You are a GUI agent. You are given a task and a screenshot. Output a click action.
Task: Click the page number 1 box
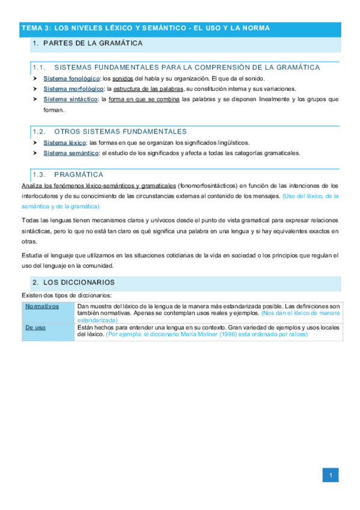point(329,476)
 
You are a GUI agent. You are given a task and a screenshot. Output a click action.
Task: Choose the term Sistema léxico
point(65,143)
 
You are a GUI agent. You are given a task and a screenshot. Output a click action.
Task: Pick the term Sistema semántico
point(70,153)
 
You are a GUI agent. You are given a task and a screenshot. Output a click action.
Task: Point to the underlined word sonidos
point(123,79)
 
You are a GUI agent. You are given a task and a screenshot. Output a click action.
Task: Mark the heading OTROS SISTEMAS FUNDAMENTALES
point(120,131)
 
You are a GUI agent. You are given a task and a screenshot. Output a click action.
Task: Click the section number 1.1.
point(40,67)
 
